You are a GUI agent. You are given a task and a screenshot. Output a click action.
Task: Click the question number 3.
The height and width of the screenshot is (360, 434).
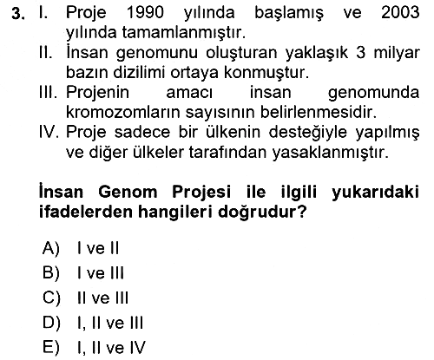pos(18,14)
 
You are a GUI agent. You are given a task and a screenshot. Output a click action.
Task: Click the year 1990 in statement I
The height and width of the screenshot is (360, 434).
pos(145,13)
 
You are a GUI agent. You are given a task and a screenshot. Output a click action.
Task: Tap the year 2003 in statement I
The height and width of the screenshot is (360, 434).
pos(400,13)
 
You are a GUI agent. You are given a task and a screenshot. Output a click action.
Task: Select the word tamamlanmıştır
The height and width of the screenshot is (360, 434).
pos(184,33)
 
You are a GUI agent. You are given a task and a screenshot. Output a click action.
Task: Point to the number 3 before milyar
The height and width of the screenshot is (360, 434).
pos(360,53)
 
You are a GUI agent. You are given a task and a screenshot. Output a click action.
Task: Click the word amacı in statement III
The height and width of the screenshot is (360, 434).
pos(189,93)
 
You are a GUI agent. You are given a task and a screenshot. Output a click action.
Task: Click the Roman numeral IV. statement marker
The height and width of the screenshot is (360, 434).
pos(49,132)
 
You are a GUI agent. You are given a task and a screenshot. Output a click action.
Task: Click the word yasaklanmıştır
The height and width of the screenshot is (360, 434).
pos(330,154)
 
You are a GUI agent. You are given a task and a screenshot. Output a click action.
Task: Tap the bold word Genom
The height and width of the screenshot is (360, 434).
pos(128,192)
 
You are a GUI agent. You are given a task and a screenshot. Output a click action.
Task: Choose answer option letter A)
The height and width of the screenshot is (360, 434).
pos(51,248)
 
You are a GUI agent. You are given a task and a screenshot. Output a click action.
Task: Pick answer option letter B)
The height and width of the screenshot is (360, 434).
pos(51,273)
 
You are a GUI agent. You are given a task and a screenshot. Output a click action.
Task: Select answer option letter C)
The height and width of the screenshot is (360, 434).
pos(51,298)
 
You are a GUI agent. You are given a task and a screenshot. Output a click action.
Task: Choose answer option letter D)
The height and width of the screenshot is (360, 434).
pos(51,323)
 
